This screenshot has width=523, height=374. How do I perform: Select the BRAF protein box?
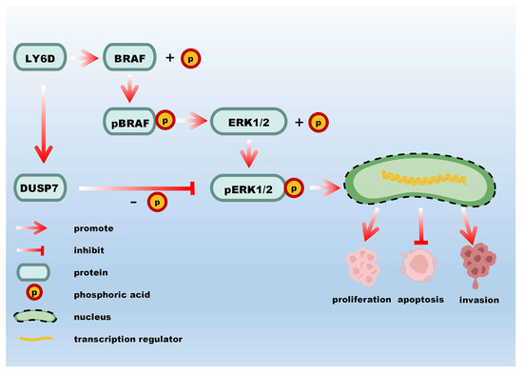130,59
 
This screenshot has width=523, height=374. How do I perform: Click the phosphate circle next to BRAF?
188,59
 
